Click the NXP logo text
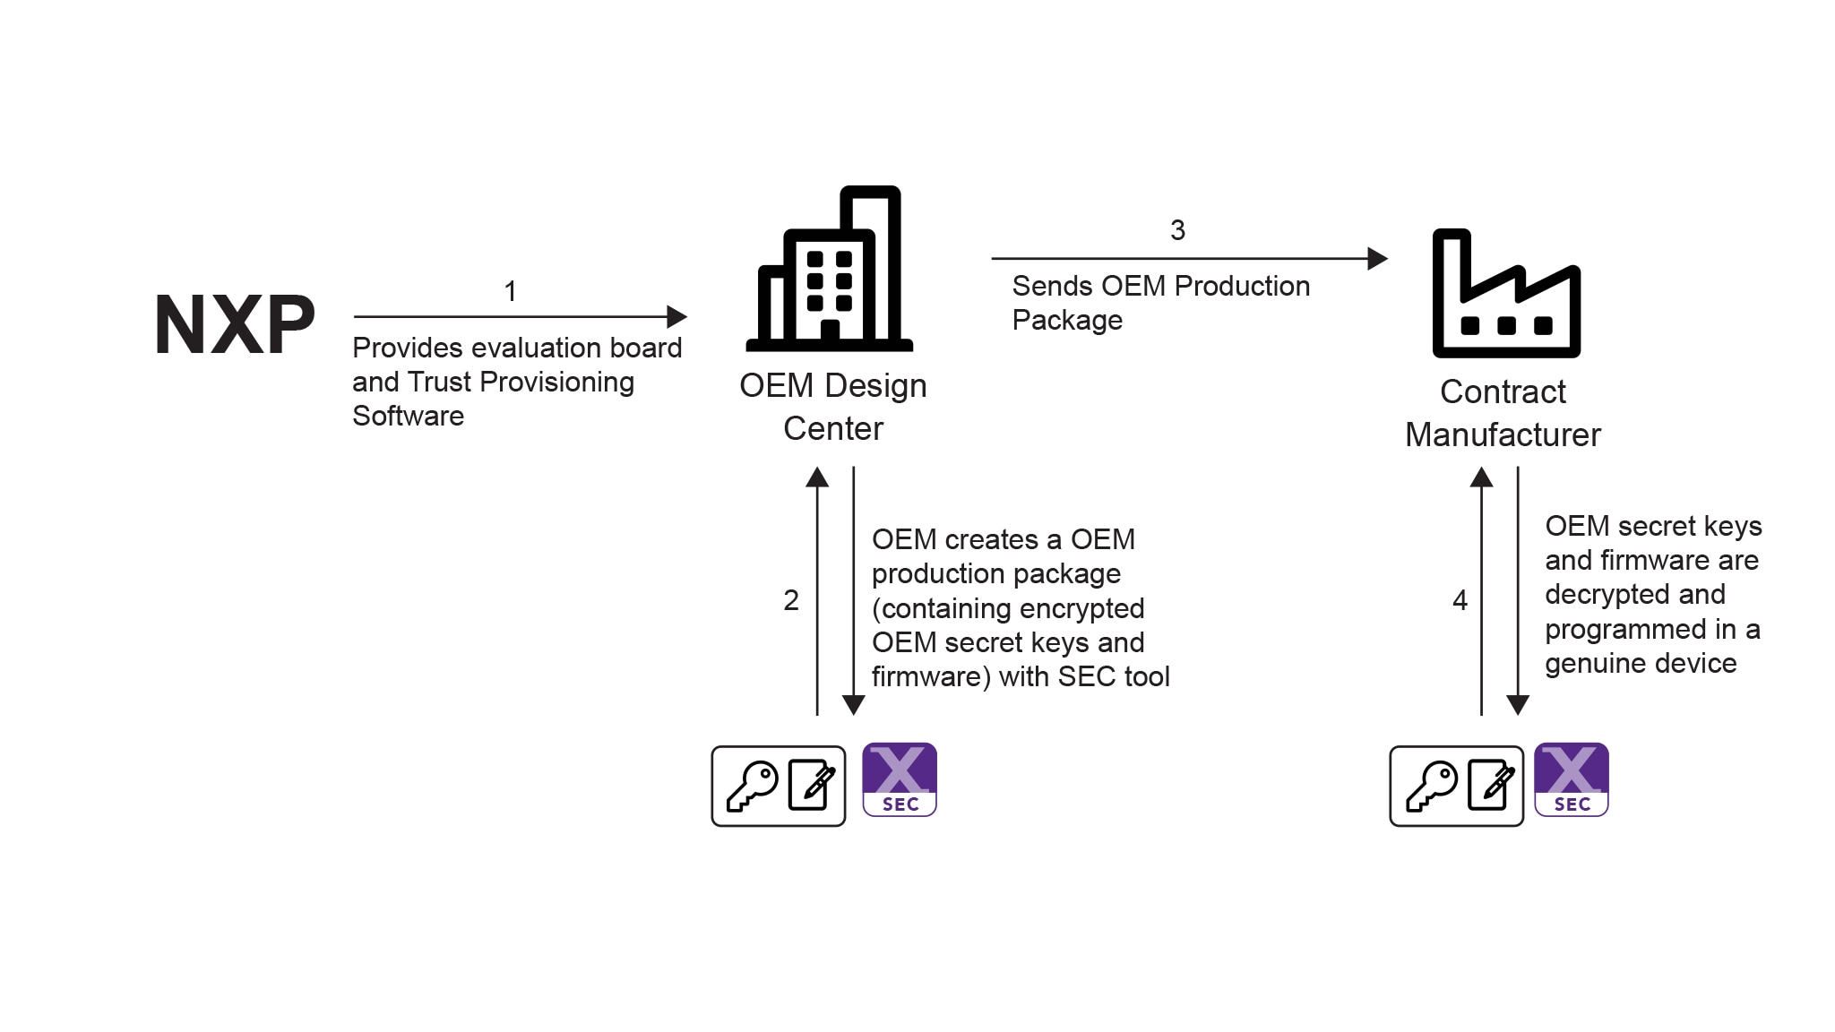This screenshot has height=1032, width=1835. [x=235, y=324]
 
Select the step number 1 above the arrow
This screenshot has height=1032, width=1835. [x=510, y=291]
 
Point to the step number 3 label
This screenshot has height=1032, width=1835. [x=1177, y=230]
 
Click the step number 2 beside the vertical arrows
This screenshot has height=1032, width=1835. [x=790, y=600]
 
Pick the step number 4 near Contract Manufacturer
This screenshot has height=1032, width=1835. [x=1460, y=600]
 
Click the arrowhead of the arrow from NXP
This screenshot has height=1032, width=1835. [x=677, y=316]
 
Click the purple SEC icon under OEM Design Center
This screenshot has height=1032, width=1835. [x=900, y=779]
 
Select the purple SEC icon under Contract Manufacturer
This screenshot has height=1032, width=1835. [x=1572, y=779]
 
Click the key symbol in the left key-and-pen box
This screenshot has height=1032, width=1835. [x=752, y=786]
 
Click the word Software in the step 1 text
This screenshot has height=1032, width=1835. [x=408, y=416]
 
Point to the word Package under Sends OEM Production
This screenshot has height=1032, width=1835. [x=1066, y=320]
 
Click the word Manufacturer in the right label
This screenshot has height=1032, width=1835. [x=1503, y=434]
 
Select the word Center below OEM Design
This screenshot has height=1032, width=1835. [x=832, y=428]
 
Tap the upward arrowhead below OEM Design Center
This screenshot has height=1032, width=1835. [x=817, y=477]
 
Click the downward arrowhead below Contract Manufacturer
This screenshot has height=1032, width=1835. [x=1518, y=705]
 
